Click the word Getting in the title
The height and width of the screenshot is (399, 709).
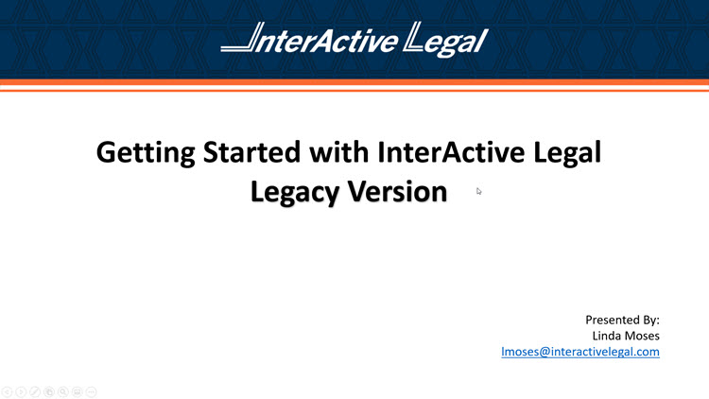[147, 151]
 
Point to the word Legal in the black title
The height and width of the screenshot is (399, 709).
[566, 151]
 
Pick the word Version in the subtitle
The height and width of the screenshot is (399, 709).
[398, 192]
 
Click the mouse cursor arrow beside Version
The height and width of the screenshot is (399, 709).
[479, 191]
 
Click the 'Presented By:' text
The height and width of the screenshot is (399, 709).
[622, 320]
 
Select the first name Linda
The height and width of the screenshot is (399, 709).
[610, 336]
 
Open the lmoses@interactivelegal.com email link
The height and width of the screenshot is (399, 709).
[579, 352]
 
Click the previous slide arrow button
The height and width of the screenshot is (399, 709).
[7, 390]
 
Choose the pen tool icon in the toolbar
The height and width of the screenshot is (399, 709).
[35, 390]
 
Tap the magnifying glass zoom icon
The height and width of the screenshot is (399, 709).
[63, 390]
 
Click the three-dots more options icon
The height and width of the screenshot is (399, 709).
[92, 390]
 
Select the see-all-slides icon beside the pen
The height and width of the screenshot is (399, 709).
[49, 390]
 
